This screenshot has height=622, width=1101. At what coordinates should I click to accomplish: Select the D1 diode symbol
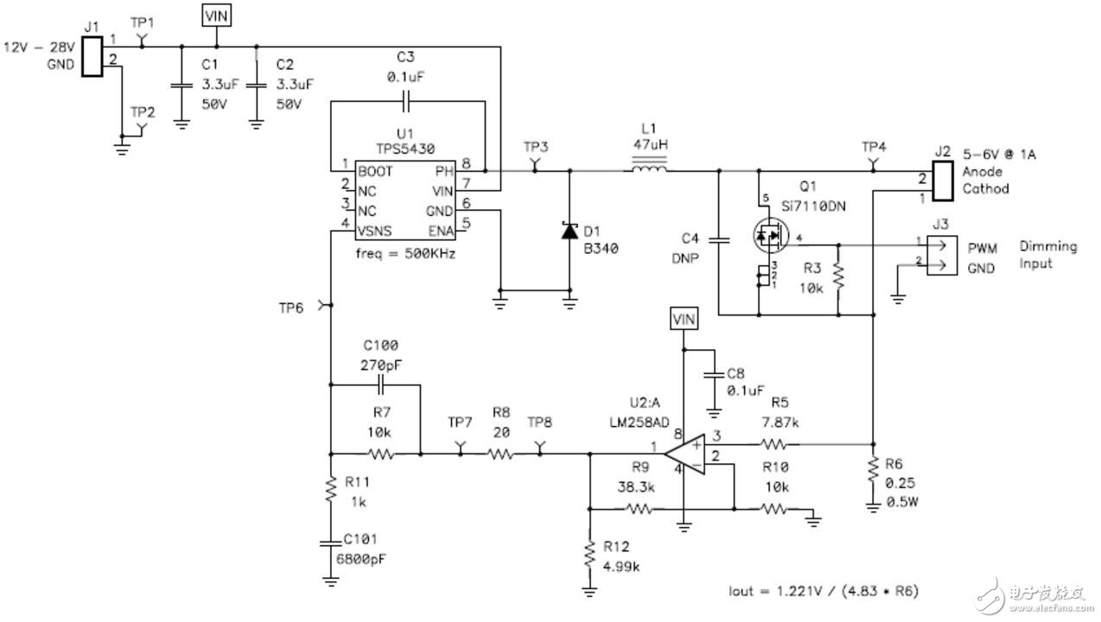(x=570, y=232)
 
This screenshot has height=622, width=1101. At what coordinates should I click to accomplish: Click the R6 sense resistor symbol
(x=873, y=473)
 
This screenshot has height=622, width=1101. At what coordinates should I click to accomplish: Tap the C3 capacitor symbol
(x=406, y=101)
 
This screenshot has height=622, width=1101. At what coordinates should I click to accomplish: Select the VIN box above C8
(x=684, y=320)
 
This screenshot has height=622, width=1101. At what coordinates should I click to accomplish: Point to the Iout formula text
(x=824, y=591)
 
